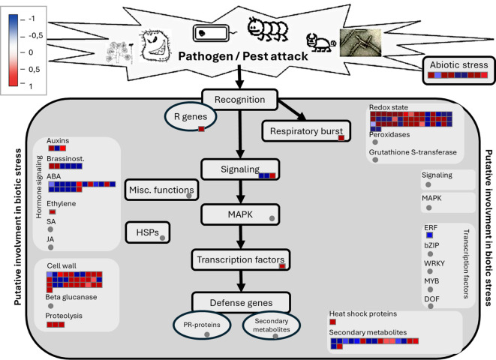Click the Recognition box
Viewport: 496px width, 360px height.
pyautogui.click(x=240, y=100)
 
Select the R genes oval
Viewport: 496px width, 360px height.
pyautogui.click(x=191, y=117)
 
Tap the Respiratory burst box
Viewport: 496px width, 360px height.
pyautogui.click(x=306, y=130)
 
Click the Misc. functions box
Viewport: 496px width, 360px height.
pyautogui.click(x=161, y=190)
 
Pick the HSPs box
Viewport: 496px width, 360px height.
pyautogui.click(x=148, y=232)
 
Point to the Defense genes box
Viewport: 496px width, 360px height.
pyautogui.click(x=241, y=303)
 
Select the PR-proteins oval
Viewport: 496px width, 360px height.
pyautogui.click(x=202, y=325)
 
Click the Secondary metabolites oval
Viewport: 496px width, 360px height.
pyautogui.click(x=272, y=325)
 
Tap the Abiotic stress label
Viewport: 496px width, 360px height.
pyautogui.click(x=458, y=65)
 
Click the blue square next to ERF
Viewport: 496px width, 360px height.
pyautogui.click(x=429, y=235)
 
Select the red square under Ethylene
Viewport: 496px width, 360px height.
pyautogui.click(x=53, y=212)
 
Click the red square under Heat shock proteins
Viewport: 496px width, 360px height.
pyautogui.click(x=332, y=322)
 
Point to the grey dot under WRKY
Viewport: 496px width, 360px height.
pyautogui.click(x=430, y=271)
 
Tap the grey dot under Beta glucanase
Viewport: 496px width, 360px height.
pyautogui.click(x=50, y=306)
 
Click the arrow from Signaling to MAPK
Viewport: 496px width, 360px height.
pyautogui.click(x=241, y=192)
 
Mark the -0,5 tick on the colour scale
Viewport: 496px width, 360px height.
pyautogui.click(x=23, y=36)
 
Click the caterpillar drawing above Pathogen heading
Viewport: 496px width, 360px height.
pyautogui.click(x=268, y=29)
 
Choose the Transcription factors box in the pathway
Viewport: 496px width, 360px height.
pyautogui.click(x=240, y=259)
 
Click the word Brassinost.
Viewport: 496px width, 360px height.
pyautogui.click(x=65, y=159)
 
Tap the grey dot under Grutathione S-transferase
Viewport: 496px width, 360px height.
pyautogui.click(x=375, y=160)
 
